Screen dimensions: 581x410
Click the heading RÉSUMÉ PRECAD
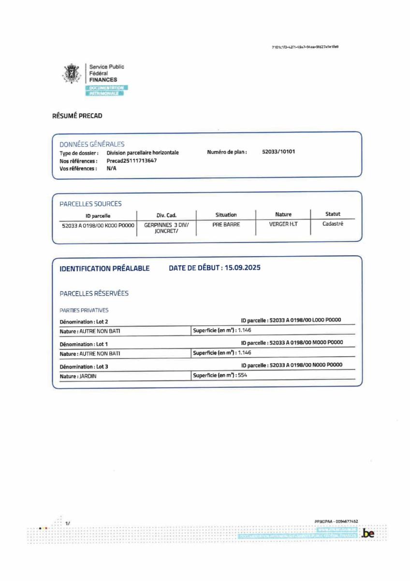(x=77, y=116)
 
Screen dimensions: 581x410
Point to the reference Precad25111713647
(x=132, y=160)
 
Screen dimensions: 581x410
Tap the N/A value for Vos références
(x=111, y=168)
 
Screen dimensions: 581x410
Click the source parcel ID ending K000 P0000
(x=98, y=225)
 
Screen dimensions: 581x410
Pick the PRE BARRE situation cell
(x=226, y=225)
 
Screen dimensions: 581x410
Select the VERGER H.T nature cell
(x=283, y=225)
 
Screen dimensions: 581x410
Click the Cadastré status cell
(x=333, y=224)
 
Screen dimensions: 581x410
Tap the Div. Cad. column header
(x=166, y=215)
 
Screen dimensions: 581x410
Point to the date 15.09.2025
(x=242, y=268)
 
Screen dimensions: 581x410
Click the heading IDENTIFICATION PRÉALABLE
(x=104, y=268)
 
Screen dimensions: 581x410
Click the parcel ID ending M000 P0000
(x=305, y=343)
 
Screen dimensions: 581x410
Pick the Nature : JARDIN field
(x=78, y=376)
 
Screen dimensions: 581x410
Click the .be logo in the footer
(x=368, y=534)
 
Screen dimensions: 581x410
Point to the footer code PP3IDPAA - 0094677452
(x=336, y=521)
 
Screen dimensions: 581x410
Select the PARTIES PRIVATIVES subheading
(x=84, y=310)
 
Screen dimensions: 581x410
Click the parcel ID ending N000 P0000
(x=305, y=366)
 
